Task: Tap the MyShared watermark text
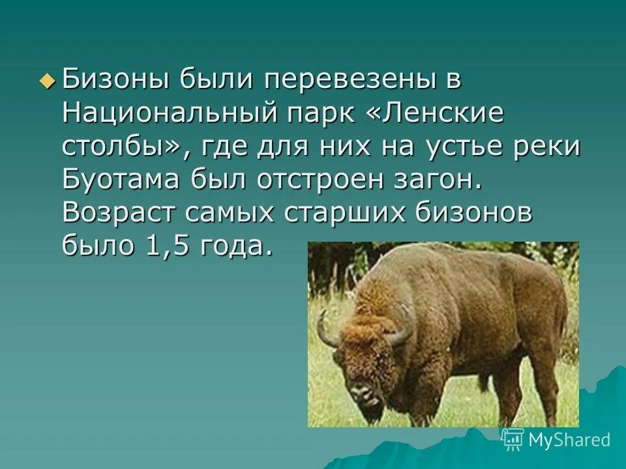tap(569, 440)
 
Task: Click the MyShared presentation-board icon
tap(514, 439)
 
